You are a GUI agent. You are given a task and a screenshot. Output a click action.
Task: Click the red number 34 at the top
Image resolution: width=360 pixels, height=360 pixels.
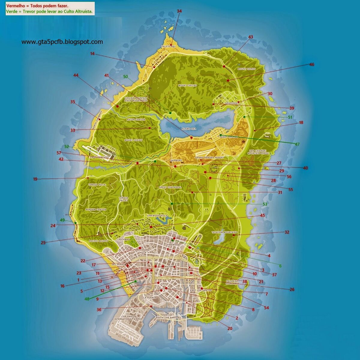pos(179,11)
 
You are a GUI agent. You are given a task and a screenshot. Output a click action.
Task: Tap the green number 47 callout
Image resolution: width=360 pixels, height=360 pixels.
pos(297,144)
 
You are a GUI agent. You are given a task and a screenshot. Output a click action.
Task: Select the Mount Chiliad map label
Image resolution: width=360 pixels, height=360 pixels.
pos(188,85)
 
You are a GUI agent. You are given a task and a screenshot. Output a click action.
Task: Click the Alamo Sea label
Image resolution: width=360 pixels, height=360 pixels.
pos(189,129)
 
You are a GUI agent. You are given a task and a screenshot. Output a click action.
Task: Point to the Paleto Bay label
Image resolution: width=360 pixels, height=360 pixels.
pos(168,47)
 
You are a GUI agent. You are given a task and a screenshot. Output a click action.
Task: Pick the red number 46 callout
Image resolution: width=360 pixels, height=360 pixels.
pos(312,64)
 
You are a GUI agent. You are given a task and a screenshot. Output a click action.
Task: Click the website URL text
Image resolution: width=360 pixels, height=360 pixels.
pos(62,42)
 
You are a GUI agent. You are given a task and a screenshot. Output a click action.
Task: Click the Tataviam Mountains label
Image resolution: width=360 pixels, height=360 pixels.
pos(224,232)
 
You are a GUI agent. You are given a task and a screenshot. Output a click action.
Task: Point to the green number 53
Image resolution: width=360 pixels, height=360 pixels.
pos(265,204)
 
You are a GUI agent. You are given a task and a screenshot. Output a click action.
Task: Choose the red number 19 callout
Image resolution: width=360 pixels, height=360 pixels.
pos(35,179)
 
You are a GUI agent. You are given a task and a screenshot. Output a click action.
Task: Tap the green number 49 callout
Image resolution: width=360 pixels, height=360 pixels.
pos(62,220)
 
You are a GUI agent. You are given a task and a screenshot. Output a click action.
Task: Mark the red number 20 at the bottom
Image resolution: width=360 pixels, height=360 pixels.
pos(230,328)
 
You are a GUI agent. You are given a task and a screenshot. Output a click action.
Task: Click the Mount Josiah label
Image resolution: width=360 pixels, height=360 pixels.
pos(133,140)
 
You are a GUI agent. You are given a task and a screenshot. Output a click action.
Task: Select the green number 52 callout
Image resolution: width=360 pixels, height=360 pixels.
pos(67,146)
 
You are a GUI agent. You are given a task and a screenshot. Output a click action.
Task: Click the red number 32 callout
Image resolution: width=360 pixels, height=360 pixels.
pos(287,232)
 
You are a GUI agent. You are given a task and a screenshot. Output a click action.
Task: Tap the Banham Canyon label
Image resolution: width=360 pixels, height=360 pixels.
pos(96,210)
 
